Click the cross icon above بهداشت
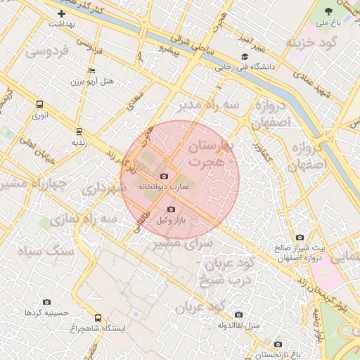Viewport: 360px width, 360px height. (x=62, y=13)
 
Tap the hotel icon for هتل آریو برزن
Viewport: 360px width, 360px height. (x=91, y=71)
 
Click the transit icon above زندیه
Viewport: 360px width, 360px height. (x=78, y=131)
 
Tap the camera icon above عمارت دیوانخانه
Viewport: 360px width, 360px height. (x=165, y=176)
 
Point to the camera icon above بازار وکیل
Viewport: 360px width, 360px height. (x=171, y=209)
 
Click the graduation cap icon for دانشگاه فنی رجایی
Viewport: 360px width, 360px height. (x=245, y=57)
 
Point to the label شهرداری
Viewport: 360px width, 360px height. (x=103, y=189)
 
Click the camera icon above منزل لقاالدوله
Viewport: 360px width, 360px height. (x=238, y=314)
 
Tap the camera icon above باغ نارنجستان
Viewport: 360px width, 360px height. (x=278, y=344)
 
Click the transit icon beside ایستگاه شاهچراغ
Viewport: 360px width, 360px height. (x=98, y=318)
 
